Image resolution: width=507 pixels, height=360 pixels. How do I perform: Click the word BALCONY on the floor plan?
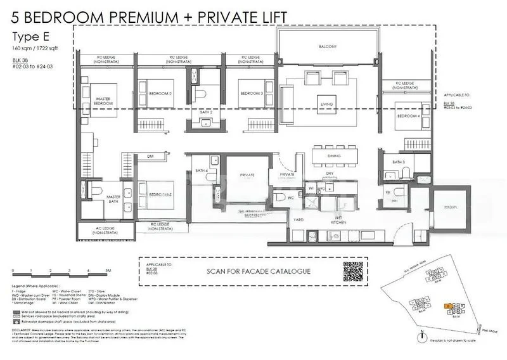pyautogui.click(x=328, y=47)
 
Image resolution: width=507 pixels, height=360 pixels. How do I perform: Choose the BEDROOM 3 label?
pyautogui.click(x=252, y=94)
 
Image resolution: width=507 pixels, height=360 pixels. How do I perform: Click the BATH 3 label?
pyautogui.click(x=399, y=163)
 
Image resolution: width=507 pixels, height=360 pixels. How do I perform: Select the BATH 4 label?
pyautogui.click(x=202, y=171)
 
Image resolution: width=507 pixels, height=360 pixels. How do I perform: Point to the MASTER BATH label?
pyautogui.click(x=113, y=200)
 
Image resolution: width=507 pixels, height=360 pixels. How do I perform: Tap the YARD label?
pyautogui.click(x=297, y=219)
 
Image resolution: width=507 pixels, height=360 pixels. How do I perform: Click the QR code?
pyautogui.click(x=354, y=271)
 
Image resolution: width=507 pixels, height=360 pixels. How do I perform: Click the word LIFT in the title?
pyautogui.click(x=264, y=15)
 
